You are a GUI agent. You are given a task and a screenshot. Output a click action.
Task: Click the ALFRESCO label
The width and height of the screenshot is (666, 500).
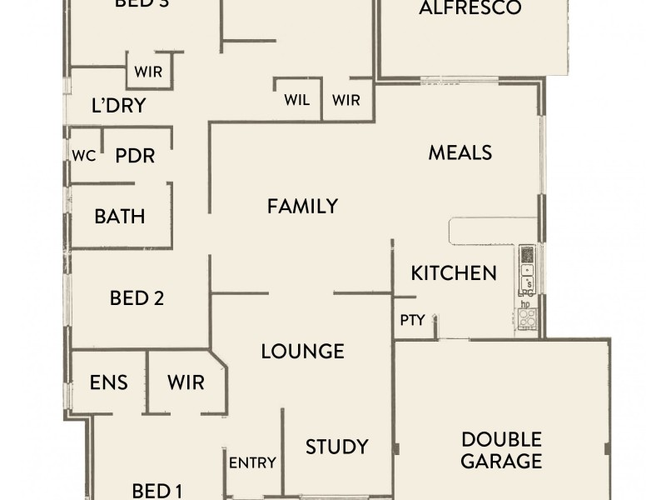coord(470,9)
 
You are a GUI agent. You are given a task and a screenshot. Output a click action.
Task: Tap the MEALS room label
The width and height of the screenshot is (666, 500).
coord(460,153)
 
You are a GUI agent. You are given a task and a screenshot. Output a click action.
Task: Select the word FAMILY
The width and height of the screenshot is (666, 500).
coord(302,206)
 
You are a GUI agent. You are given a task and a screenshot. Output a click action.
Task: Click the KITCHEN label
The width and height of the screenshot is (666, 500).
coord(454,273)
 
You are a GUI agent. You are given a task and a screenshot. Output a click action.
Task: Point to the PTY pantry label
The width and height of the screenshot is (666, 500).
coord(411,320)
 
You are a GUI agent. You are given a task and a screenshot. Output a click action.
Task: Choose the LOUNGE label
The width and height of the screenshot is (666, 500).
coord(302,351)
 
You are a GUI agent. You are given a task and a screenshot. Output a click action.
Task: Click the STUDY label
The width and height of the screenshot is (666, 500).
coord(337,447)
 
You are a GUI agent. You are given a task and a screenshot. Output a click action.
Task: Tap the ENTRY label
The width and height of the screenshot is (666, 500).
coord(252,463)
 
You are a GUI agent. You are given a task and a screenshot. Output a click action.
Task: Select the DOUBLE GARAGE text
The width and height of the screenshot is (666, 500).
coord(501,450)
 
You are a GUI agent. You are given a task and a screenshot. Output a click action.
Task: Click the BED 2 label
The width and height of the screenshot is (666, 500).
coord(136,297)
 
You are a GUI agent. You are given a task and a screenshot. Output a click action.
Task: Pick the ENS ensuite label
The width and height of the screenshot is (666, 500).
coord(109,382)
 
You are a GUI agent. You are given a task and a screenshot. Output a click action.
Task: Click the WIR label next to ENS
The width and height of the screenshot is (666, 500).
coord(186,382)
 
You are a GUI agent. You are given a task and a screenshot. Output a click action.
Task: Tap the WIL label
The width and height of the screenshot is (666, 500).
coord(297,101)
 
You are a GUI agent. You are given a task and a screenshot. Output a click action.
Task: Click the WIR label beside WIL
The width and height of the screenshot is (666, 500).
coord(346,101)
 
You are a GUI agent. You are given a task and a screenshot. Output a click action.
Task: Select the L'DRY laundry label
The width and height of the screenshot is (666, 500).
coord(118,106)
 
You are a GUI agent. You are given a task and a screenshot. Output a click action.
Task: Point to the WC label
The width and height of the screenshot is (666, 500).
coord(83,156)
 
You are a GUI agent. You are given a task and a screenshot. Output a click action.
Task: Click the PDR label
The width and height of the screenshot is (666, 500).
coord(135,156)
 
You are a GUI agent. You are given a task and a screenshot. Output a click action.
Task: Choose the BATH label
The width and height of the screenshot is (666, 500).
coord(120,217)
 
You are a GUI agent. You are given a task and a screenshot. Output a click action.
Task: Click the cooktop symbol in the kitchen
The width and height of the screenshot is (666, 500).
coord(528,317)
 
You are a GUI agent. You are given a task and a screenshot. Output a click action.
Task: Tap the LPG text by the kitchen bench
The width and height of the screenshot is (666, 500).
coord(525,294)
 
